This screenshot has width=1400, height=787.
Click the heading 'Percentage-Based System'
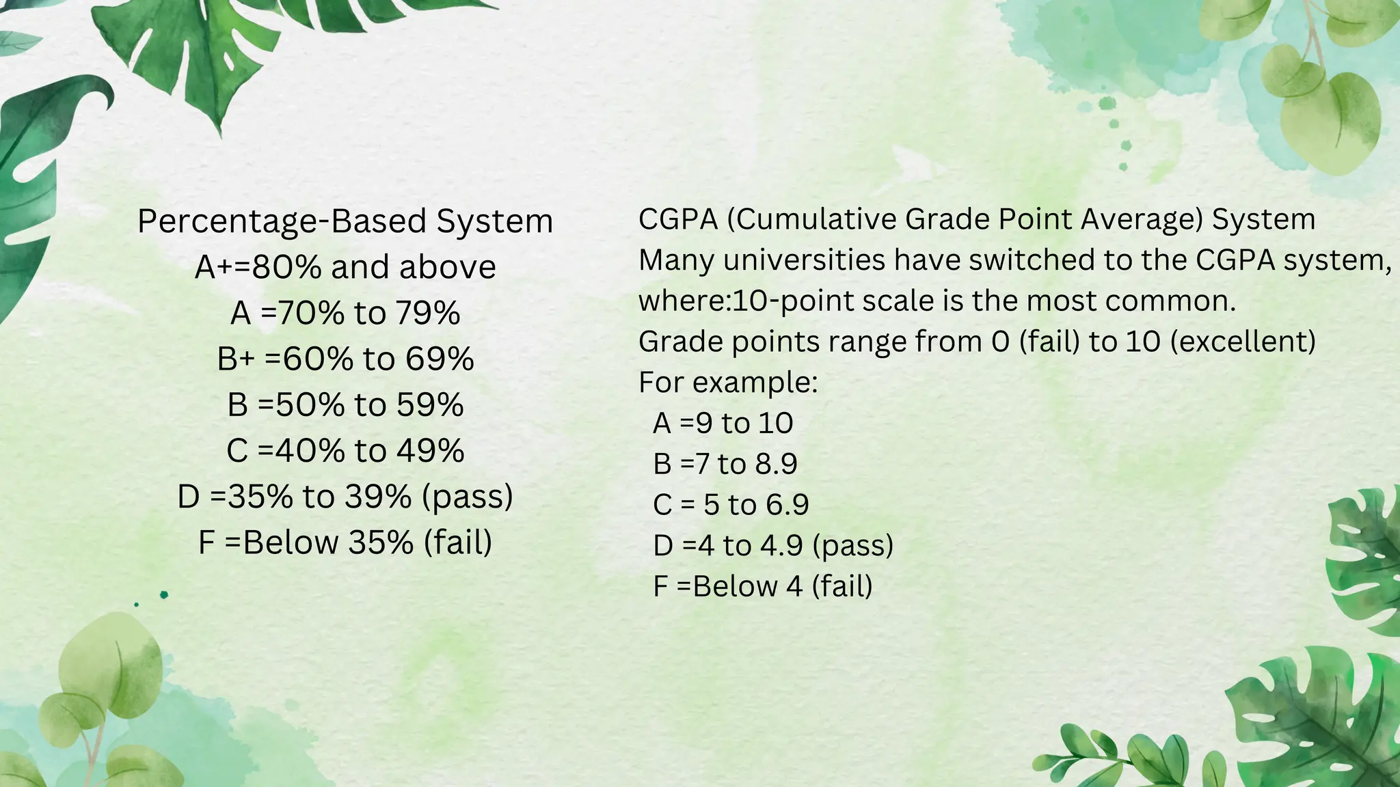click(345, 221)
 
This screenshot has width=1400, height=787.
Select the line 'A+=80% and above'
click(345, 267)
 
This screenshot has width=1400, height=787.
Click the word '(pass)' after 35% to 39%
click(468, 497)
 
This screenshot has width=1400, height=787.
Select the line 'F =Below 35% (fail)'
click(345, 542)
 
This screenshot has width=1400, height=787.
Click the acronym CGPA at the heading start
click(678, 219)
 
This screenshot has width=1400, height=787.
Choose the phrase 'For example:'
click(728, 383)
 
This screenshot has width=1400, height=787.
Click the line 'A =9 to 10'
click(723, 424)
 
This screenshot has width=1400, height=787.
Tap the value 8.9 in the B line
click(776, 465)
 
